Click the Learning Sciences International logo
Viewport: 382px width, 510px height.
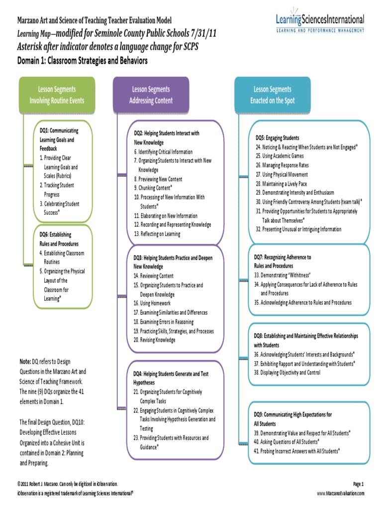click(320, 23)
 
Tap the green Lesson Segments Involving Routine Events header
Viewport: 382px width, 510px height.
click(57, 95)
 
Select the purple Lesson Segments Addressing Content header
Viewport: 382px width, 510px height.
click(151, 95)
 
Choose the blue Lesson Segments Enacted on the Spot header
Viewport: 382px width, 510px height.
click(272, 95)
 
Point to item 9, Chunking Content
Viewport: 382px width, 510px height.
click(153, 188)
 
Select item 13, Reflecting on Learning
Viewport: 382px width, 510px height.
click(157, 234)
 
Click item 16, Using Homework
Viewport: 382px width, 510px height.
click(152, 303)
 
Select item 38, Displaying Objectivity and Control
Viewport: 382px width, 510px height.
click(287, 373)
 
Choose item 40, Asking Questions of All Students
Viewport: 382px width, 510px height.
click(286, 442)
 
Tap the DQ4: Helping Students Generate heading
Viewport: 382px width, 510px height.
click(170, 373)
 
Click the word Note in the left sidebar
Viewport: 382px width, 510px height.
click(25, 362)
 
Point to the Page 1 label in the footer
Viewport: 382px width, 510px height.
click(359, 484)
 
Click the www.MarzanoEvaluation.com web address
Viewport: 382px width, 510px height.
click(341, 493)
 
